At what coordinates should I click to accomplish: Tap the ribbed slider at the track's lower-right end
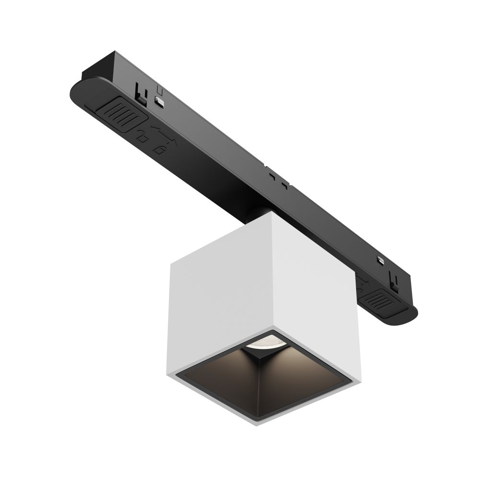pos(383,301)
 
